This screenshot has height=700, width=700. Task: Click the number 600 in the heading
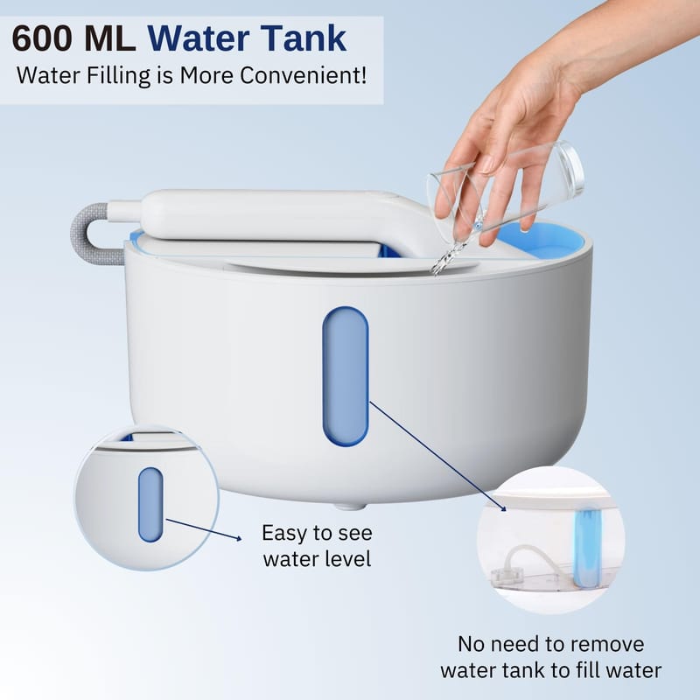pos(42,38)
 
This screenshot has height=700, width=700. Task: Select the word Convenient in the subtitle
pos(304,75)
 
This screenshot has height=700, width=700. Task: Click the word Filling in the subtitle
pos(118,76)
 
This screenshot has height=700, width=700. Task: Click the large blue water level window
pos(346,376)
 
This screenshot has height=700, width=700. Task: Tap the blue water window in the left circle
pos(150,505)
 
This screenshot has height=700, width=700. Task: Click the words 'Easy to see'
pos(317,533)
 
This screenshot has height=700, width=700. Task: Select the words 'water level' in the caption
pos(317,559)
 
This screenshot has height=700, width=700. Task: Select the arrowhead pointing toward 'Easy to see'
pos(238,538)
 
